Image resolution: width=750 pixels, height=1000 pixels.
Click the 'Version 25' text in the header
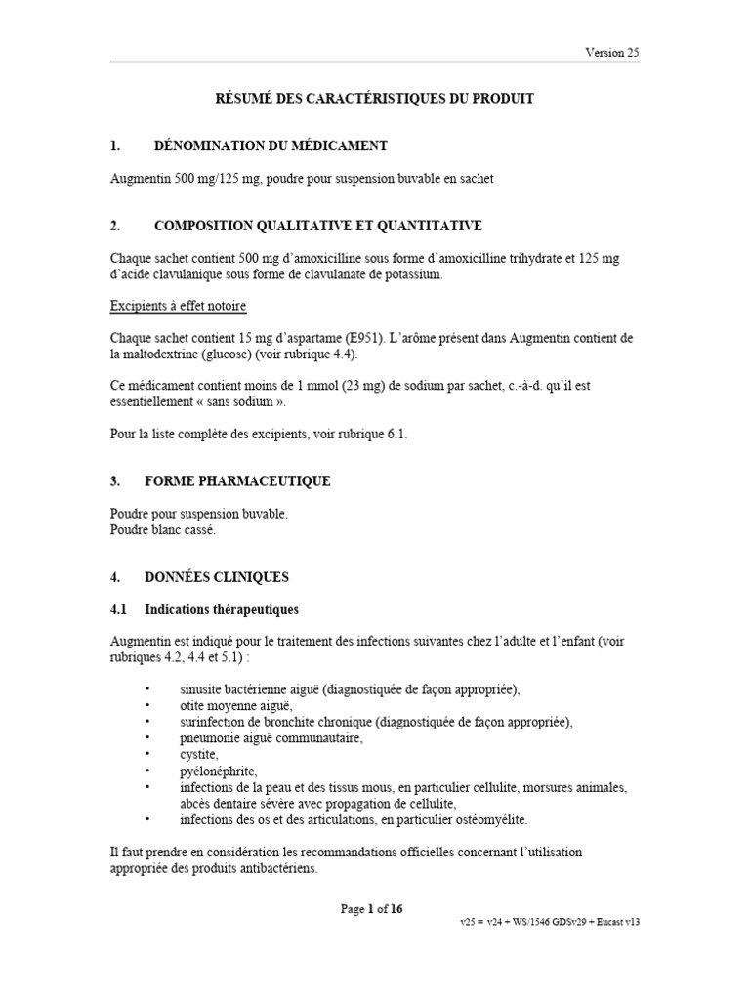tap(612, 53)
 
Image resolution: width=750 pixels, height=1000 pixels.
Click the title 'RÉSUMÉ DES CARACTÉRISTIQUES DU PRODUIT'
tap(374, 99)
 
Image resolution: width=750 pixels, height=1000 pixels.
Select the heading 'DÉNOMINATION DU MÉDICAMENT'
tap(271, 146)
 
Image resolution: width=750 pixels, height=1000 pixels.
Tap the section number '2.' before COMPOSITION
tap(115, 226)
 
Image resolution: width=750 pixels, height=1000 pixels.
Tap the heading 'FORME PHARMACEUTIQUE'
tap(237, 481)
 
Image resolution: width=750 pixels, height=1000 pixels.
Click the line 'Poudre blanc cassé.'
tap(163, 529)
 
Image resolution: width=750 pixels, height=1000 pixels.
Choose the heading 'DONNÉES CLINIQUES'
tap(217, 577)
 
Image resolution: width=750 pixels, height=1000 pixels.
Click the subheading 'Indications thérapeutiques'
tap(222, 609)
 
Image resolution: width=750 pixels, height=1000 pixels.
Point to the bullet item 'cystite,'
tap(199, 755)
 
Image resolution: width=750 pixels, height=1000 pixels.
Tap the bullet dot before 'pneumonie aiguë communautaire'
tap(147, 738)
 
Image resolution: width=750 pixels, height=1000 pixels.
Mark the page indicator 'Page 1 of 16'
tap(371, 909)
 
